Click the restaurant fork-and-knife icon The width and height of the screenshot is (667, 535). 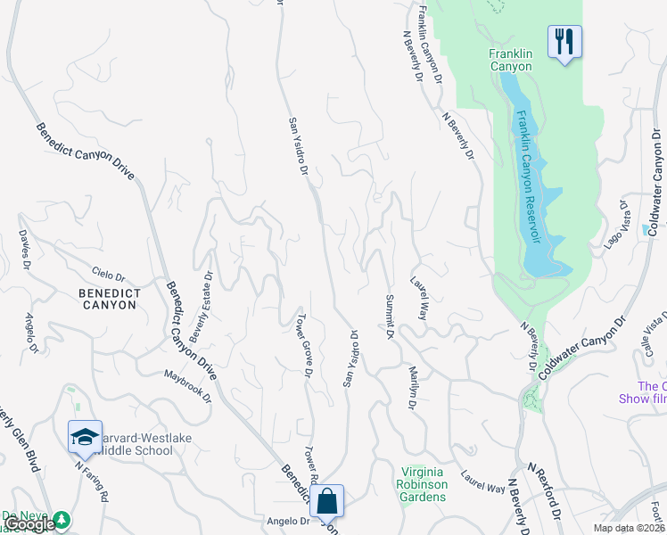point(564,41)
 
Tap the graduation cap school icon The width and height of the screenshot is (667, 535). point(85,437)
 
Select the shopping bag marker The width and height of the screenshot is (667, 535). point(327,501)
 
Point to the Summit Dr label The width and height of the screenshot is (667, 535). point(390,317)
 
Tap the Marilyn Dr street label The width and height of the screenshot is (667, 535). point(413,388)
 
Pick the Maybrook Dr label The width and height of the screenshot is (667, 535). point(188,385)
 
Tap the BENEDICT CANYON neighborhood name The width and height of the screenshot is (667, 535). point(107,298)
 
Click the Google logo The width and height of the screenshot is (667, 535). point(29,524)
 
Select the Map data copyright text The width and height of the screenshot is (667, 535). point(630,528)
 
